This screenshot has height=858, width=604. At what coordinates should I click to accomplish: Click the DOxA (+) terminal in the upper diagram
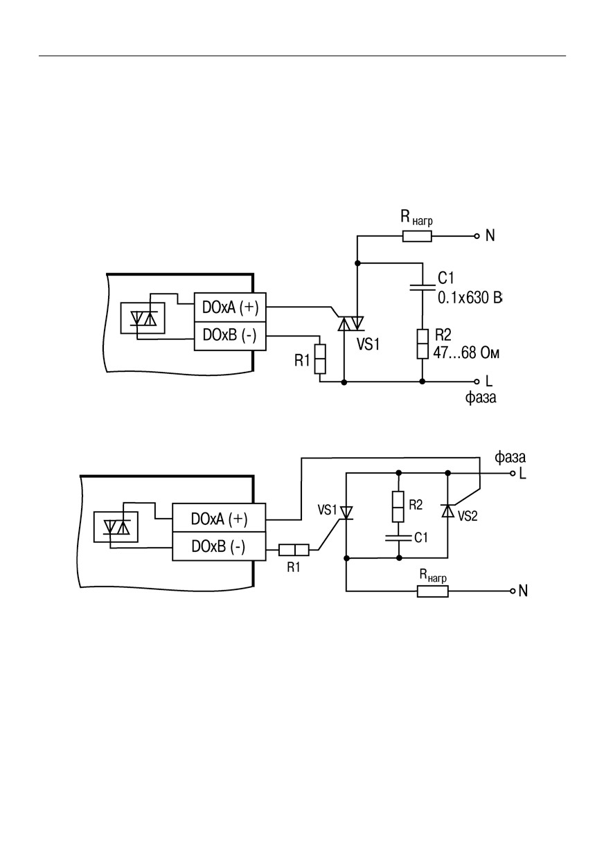coord(230,307)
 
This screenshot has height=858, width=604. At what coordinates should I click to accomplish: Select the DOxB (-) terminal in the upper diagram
coord(230,336)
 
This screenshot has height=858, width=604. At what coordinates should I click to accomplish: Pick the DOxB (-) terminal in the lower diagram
coord(219,546)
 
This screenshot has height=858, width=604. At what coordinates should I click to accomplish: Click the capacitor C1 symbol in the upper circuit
coord(423,287)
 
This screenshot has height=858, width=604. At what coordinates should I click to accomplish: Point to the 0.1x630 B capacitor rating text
coord(470,298)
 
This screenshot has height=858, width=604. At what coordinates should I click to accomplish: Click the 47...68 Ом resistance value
coord(466,352)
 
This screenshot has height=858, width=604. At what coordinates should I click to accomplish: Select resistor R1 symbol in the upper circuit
coord(320,359)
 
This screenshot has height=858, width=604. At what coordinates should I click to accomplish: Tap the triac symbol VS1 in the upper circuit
coord(350,323)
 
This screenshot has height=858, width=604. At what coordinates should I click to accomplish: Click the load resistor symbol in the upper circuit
coord(417,236)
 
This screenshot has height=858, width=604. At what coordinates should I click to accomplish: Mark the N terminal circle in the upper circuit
coord(477,236)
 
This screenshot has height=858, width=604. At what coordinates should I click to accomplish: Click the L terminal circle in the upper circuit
coord(477,382)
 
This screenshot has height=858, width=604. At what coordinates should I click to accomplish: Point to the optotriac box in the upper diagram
coord(143,318)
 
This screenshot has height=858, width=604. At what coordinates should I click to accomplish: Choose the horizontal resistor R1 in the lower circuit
coord(294,550)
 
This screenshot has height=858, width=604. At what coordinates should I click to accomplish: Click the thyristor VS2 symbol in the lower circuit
coord(447,511)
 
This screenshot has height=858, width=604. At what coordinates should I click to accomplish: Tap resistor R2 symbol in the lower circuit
coord(398,506)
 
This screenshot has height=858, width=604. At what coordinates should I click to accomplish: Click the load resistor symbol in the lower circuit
coord(433,591)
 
